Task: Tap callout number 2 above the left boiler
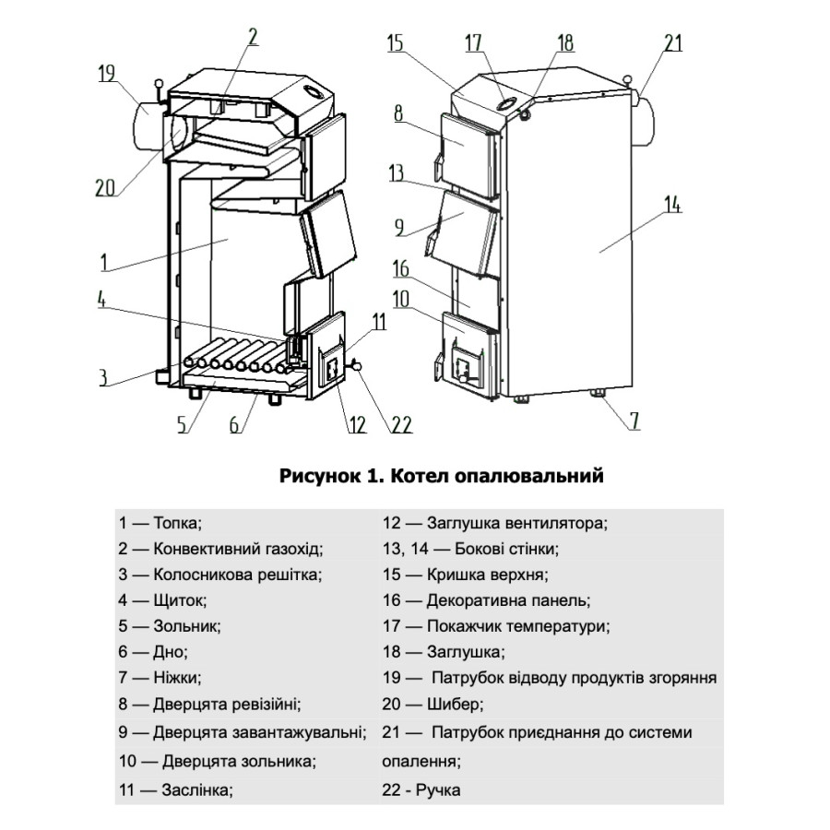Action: coord(253,37)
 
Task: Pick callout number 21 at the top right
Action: coord(673,41)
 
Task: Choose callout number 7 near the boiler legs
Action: coord(634,421)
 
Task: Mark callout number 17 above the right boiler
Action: coord(474,42)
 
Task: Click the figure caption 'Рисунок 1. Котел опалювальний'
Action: coord(441,477)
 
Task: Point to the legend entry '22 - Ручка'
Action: coord(421,790)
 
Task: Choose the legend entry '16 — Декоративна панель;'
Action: coord(485,600)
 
